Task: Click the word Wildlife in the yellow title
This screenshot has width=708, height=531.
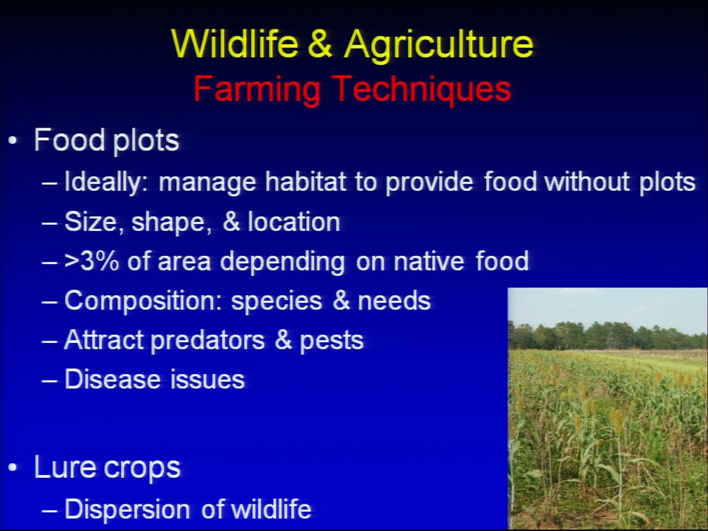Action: coord(235,44)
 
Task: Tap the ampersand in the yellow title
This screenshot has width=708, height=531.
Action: coord(321,44)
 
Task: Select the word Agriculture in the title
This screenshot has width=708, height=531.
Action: coord(438,46)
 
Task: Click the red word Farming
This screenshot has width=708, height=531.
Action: coord(257,90)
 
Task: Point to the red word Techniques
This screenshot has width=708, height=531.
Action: coord(422,90)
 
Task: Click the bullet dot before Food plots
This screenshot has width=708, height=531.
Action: coord(13,141)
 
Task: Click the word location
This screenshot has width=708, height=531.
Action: coord(294,222)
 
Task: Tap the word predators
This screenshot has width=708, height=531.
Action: coord(207,341)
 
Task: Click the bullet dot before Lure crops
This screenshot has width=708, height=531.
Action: coord(13,468)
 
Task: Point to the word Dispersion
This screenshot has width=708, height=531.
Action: coord(128,510)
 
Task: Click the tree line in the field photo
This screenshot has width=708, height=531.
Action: coord(607,336)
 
